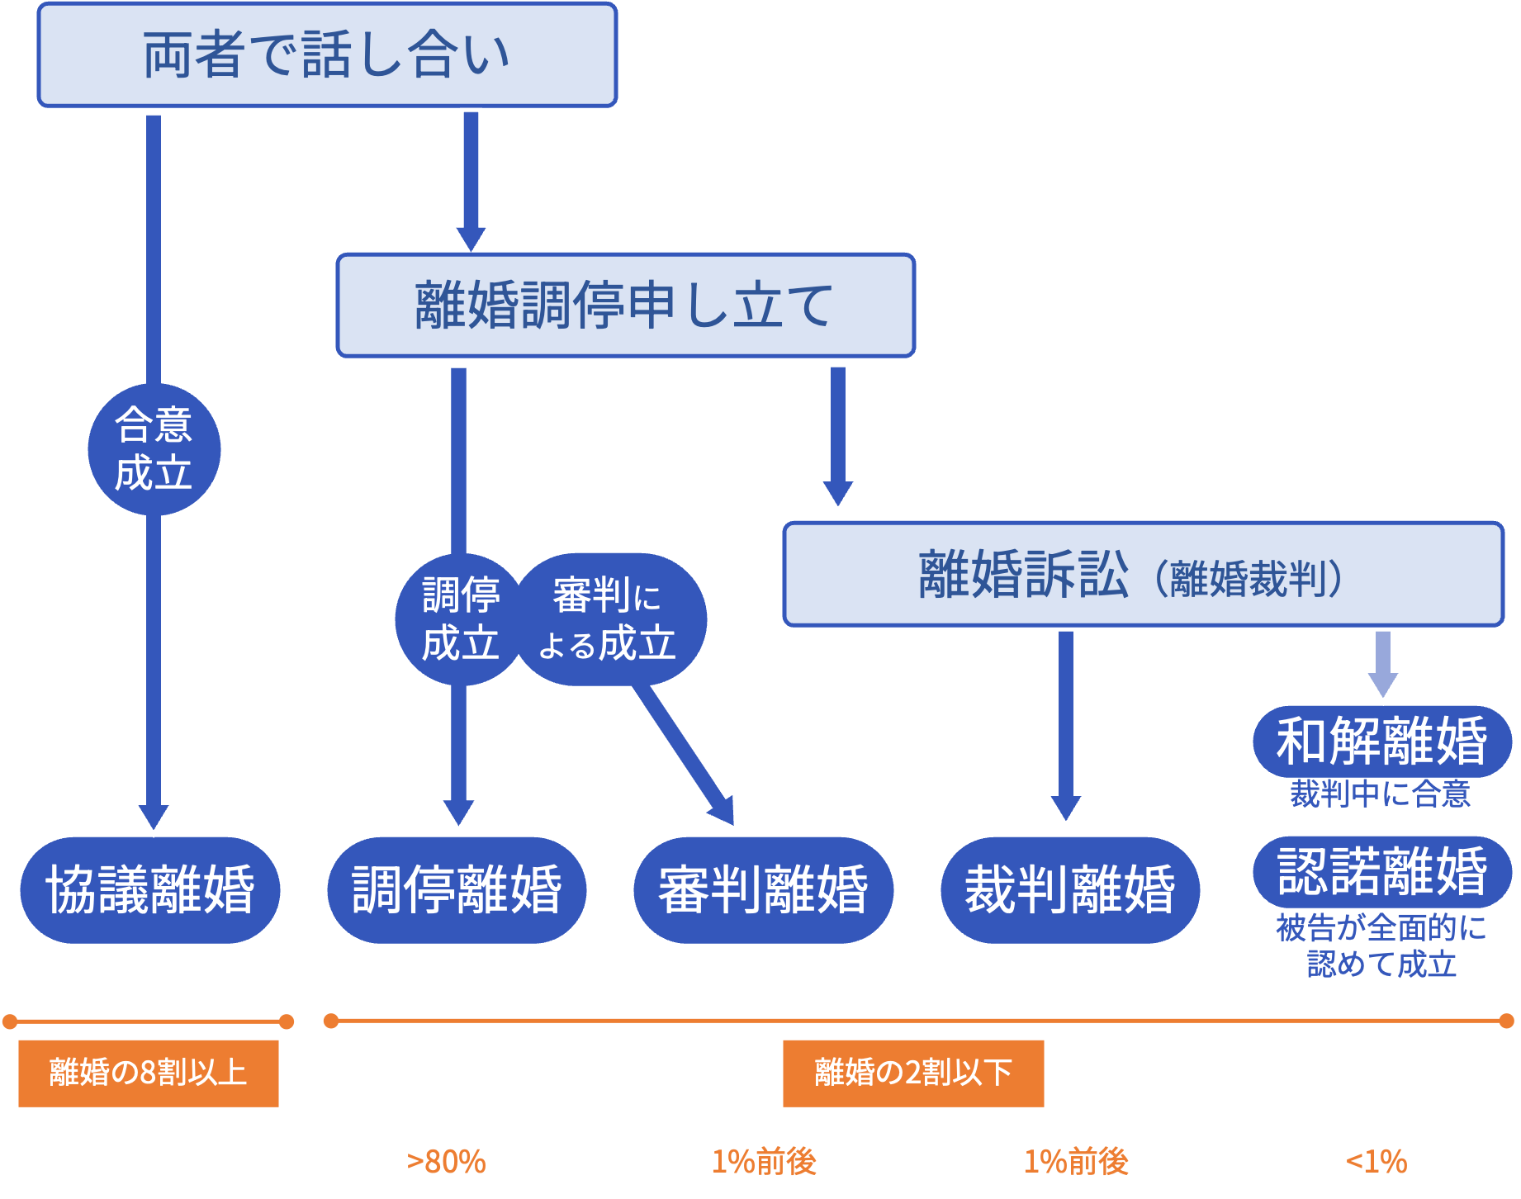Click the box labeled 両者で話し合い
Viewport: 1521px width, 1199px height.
[x=327, y=55]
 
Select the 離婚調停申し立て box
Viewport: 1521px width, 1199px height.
[x=625, y=306]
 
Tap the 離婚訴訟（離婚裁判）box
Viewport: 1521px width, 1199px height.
[x=1143, y=575]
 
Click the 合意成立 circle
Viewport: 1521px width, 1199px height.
[x=154, y=450]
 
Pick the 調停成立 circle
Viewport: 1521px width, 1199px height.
[x=460, y=619]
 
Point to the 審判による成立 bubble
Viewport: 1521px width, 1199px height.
[x=609, y=619]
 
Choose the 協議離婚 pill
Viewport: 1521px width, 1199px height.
[x=150, y=890]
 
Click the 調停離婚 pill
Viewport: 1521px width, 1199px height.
[x=457, y=890]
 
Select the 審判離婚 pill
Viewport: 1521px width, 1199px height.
[x=763, y=890]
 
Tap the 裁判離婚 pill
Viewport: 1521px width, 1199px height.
[x=1069, y=890]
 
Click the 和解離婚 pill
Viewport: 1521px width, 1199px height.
[x=1381, y=741]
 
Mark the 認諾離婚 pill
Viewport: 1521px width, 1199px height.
[x=1381, y=872]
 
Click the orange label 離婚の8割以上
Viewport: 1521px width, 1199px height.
[x=149, y=1073]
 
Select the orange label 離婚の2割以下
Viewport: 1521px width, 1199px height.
[x=913, y=1073]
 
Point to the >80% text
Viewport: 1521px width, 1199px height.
[x=446, y=1162]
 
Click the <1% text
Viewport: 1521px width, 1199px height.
[x=1376, y=1162]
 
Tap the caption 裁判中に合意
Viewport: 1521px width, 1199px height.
[x=1380, y=794]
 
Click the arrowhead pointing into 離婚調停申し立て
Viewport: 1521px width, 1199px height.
[x=471, y=236]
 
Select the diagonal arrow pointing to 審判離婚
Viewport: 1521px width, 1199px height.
[x=685, y=756]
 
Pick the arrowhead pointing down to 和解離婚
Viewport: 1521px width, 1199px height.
[x=1383, y=684]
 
